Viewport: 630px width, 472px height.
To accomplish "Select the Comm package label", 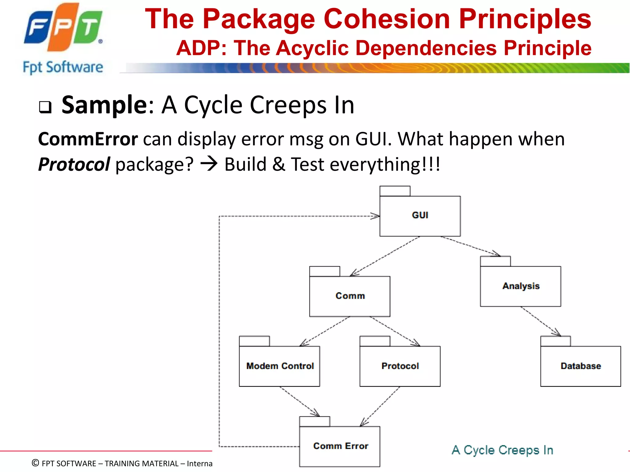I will pyautogui.click(x=350, y=296).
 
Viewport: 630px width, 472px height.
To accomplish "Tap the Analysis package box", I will pyautogui.click(x=520, y=286).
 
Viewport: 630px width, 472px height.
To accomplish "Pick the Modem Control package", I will pyautogui.click(x=280, y=366).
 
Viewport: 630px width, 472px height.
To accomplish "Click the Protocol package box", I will pyautogui.click(x=400, y=366).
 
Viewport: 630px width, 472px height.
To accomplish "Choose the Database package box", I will pyautogui.click(x=580, y=366).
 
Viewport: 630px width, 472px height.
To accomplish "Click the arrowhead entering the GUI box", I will pyautogui.click(x=376, y=216).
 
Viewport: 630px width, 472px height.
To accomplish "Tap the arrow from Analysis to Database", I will pyautogui.click(x=540, y=321).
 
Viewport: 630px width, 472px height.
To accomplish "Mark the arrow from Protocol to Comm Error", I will pyautogui.click(x=380, y=406).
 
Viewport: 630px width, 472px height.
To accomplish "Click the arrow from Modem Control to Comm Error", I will pyautogui.click(x=299, y=401).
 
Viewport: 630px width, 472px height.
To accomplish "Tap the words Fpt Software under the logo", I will pyautogui.click(x=63, y=67).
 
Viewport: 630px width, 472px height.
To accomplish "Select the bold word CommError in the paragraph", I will pyautogui.click(x=88, y=139).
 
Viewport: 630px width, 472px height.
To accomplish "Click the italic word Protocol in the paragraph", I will pyautogui.click(x=74, y=164).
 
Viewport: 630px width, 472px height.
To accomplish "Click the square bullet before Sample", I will pyautogui.click(x=45, y=107).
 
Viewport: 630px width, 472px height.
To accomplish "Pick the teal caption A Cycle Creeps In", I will pyautogui.click(x=502, y=450).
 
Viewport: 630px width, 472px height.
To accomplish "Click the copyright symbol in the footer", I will pyautogui.click(x=35, y=463).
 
